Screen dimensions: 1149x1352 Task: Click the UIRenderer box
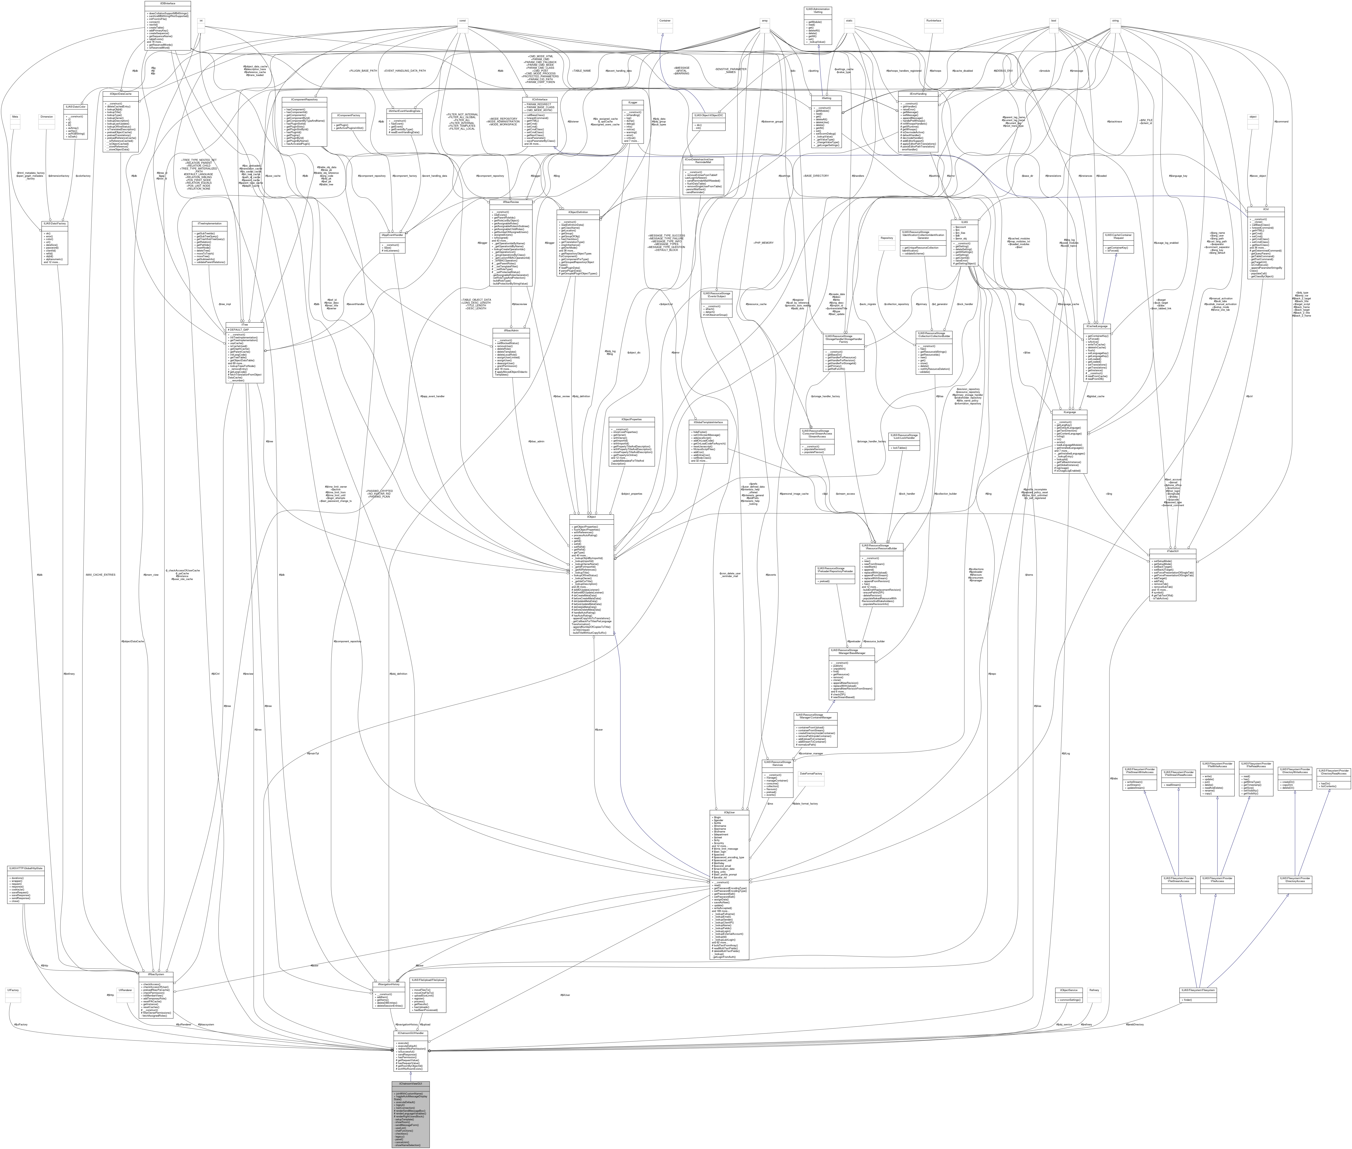(125, 990)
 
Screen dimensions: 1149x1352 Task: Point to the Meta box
(15, 117)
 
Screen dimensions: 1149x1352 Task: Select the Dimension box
(46, 117)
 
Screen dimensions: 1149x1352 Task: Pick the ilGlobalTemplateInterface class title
(710, 422)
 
